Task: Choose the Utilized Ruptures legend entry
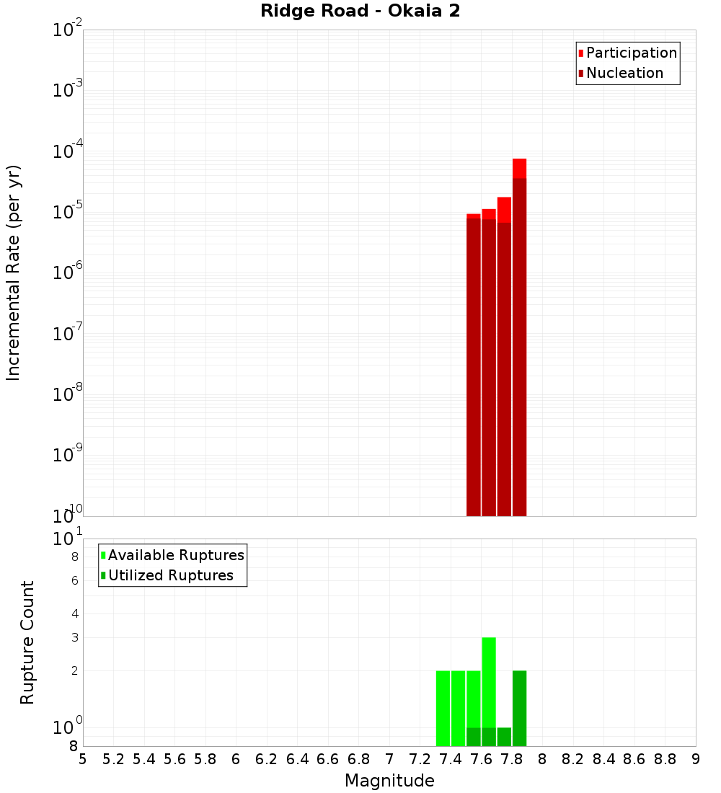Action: click(x=170, y=575)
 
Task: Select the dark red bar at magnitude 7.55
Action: click(x=474, y=360)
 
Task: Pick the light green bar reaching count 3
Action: click(x=489, y=678)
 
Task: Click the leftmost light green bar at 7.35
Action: click(x=443, y=706)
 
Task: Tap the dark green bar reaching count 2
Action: click(x=519, y=706)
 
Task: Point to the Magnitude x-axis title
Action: click(x=389, y=781)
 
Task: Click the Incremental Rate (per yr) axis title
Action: click(x=14, y=273)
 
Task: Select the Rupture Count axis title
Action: click(x=27, y=642)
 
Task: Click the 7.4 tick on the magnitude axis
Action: click(x=451, y=759)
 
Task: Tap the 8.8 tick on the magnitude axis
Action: click(x=665, y=759)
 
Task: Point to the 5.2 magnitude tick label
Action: click(x=113, y=759)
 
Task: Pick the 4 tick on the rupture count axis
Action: click(x=74, y=614)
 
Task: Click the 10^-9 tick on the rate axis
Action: click(x=67, y=456)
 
